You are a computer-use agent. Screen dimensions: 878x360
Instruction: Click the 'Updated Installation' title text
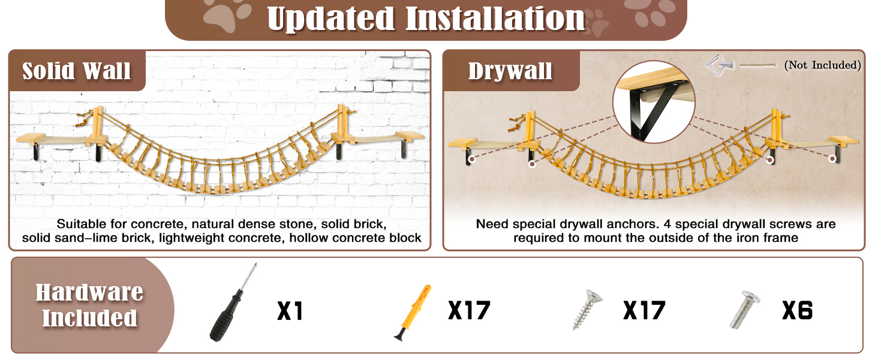point(426,19)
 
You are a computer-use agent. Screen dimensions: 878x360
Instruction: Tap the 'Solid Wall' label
point(76,71)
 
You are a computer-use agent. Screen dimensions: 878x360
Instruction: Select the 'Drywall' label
point(510,71)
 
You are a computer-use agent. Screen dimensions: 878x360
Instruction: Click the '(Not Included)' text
point(822,65)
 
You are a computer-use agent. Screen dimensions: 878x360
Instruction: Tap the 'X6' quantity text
point(797,311)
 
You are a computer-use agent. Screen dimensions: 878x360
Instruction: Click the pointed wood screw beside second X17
point(587,310)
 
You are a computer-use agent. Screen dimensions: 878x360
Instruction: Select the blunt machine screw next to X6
point(744,310)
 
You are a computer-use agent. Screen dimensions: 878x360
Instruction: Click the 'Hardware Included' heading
point(89,305)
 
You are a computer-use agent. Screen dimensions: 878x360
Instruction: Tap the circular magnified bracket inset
point(654,101)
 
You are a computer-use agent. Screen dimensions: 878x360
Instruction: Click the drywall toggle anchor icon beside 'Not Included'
point(720,64)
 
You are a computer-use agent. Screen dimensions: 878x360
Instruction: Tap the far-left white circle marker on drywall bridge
point(472,159)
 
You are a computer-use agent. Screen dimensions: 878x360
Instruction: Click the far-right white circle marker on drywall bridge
point(832,158)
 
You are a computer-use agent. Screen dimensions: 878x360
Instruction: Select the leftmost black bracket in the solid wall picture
point(36,152)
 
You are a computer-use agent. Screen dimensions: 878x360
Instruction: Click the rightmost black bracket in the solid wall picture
point(404,150)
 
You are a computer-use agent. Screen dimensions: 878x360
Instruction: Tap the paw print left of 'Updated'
point(226,14)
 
